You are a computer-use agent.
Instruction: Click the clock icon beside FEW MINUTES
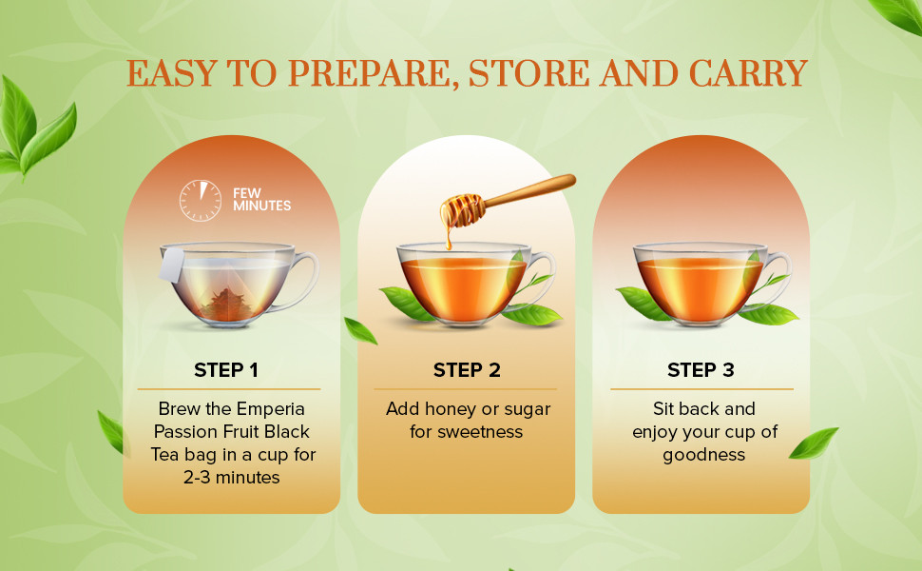pyautogui.click(x=201, y=201)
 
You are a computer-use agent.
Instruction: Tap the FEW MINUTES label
pyautogui.click(x=261, y=200)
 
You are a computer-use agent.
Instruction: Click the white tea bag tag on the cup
pyautogui.click(x=172, y=265)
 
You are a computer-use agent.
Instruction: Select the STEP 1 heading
pyautogui.click(x=226, y=369)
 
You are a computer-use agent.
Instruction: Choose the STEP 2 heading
pyautogui.click(x=467, y=369)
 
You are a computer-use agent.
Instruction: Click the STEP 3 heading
pyautogui.click(x=701, y=369)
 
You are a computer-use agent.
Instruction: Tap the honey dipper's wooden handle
pyautogui.click(x=529, y=190)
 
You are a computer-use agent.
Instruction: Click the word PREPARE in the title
pyautogui.click(x=373, y=73)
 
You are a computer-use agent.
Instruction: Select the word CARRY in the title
pyautogui.click(x=747, y=73)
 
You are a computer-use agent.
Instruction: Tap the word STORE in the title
pyautogui.click(x=528, y=73)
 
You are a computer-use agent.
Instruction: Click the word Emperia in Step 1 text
pyautogui.click(x=271, y=409)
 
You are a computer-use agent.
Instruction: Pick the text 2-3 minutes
pyautogui.click(x=232, y=477)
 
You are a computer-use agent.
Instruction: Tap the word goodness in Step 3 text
pyautogui.click(x=703, y=456)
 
